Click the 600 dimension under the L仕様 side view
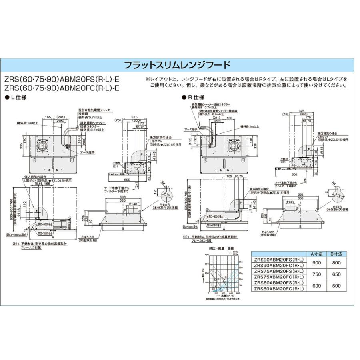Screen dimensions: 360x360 (x=127, y=180)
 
